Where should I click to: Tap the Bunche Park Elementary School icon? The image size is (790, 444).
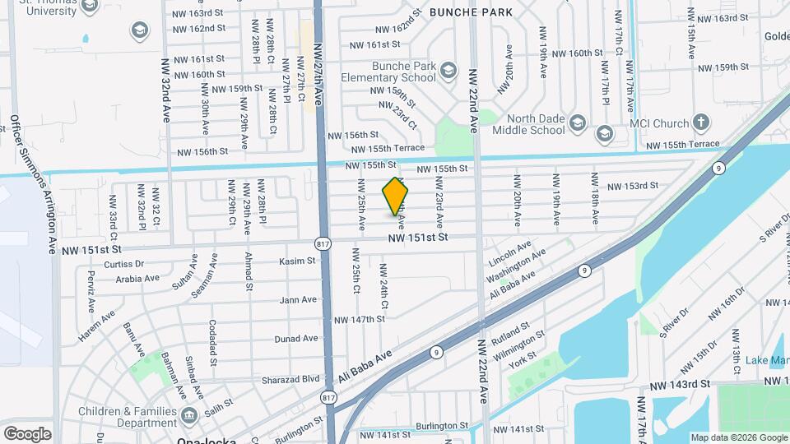(x=448, y=69)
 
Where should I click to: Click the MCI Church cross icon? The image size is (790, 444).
(x=700, y=123)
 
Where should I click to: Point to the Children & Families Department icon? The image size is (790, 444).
(x=190, y=414)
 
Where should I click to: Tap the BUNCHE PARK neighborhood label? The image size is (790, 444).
(x=470, y=12)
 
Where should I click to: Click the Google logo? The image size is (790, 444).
(x=27, y=433)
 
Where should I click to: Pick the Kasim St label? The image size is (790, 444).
(x=298, y=261)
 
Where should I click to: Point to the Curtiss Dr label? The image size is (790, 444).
(x=124, y=265)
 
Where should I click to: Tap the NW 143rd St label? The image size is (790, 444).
(x=679, y=384)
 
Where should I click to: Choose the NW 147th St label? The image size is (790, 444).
(x=360, y=319)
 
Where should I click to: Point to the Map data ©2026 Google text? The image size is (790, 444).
(x=739, y=437)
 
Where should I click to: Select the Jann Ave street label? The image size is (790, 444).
(x=298, y=300)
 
